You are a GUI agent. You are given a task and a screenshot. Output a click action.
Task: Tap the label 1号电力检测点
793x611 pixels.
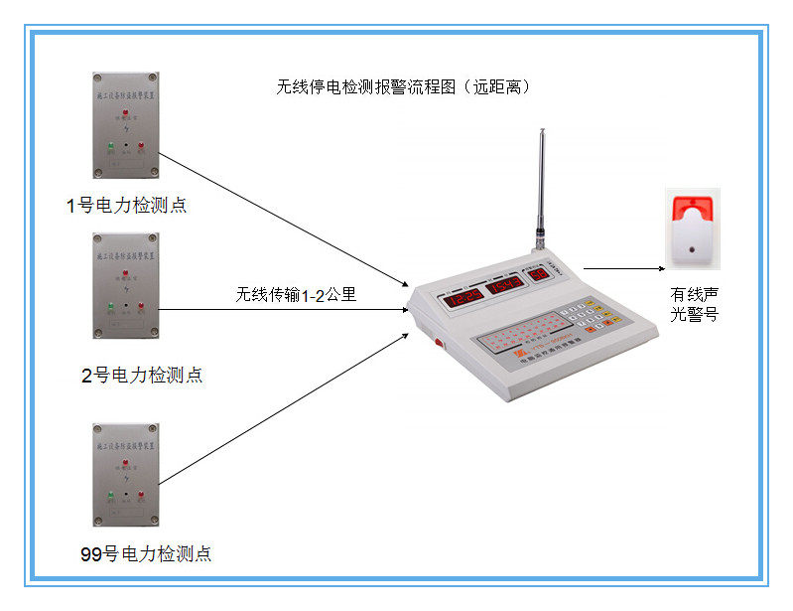tap(126, 207)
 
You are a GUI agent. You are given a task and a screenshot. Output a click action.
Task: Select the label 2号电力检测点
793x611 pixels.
tap(142, 376)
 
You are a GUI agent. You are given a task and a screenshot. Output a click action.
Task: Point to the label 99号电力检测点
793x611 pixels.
tap(145, 553)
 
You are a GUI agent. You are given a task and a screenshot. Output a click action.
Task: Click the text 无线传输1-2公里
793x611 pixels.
tap(296, 294)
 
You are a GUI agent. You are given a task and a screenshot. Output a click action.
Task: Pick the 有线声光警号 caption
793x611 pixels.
tap(694, 304)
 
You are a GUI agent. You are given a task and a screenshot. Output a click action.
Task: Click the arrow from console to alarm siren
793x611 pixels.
tap(623, 268)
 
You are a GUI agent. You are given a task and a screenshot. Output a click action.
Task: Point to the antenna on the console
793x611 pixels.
tap(542, 189)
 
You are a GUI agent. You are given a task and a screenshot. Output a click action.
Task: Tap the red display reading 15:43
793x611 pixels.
tap(504, 286)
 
